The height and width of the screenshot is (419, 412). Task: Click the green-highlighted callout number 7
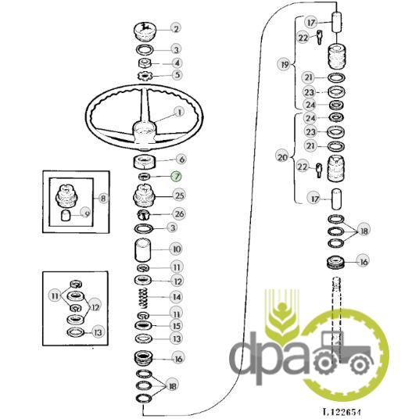(x=177, y=177)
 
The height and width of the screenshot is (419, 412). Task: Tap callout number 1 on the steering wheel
(x=179, y=112)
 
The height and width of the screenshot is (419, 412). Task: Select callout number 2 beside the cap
(x=176, y=28)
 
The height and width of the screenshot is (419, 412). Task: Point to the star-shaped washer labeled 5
(x=145, y=76)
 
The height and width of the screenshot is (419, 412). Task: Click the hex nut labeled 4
(x=145, y=63)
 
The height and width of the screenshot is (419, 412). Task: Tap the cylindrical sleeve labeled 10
(x=143, y=250)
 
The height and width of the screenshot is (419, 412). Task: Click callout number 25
(x=179, y=195)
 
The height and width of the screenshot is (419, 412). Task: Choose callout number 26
(x=179, y=213)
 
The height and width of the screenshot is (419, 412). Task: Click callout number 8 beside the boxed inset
(x=103, y=198)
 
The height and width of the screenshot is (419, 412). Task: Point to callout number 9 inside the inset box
(x=86, y=213)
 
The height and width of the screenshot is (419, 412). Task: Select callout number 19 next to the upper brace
(x=285, y=64)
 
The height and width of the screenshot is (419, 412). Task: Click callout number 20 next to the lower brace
(x=282, y=157)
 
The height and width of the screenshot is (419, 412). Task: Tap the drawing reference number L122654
(x=342, y=412)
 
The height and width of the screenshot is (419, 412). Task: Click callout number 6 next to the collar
(x=181, y=159)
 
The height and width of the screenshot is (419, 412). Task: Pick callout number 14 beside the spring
(x=177, y=297)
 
